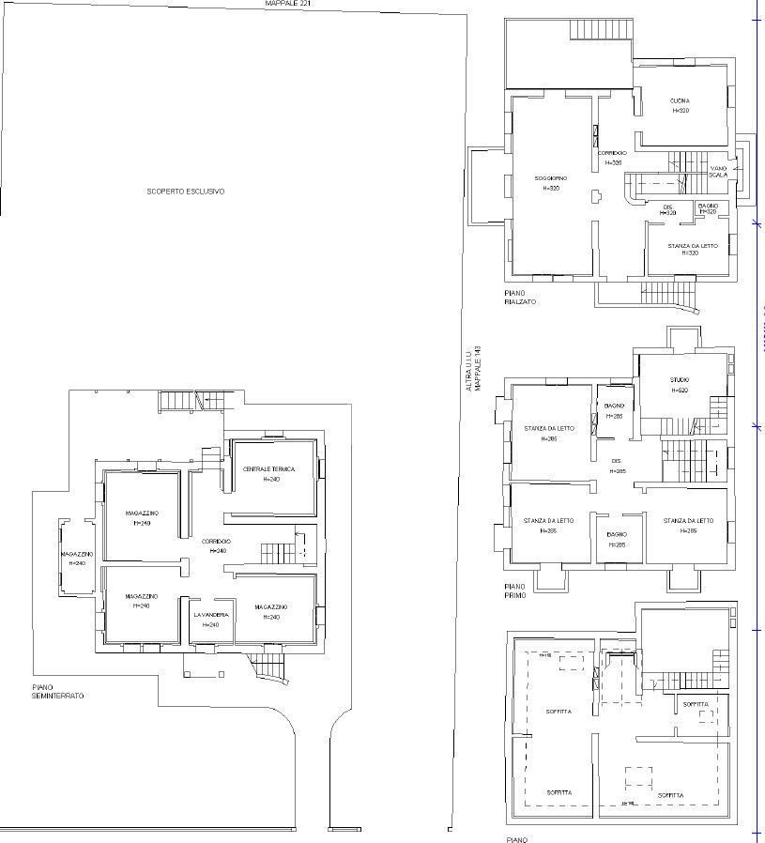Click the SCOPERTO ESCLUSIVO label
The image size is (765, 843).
[x=185, y=192]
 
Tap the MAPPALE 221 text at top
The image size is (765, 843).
[x=288, y=4]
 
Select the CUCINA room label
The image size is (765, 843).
[x=681, y=101]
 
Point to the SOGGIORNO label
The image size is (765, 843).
[x=551, y=178]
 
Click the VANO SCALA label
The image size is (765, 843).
[x=719, y=171]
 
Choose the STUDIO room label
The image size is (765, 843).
[x=680, y=380]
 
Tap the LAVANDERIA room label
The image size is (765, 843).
[x=211, y=615]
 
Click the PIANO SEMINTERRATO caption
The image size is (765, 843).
[x=58, y=692]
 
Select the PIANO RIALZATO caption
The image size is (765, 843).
[x=520, y=298]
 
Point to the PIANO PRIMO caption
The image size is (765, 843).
[x=515, y=590]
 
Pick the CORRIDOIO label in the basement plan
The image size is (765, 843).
[x=216, y=542]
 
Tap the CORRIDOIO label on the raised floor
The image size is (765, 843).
[x=612, y=153]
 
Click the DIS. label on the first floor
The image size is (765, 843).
[x=617, y=461]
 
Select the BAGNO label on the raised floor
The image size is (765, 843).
[x=708, y=206]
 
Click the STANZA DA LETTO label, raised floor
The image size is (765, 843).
[x=693, y=246]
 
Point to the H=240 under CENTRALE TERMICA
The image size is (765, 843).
[x=269, y=479]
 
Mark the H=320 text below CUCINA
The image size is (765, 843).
[x=681, y=111]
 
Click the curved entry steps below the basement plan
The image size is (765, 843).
[x=269, y=670]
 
